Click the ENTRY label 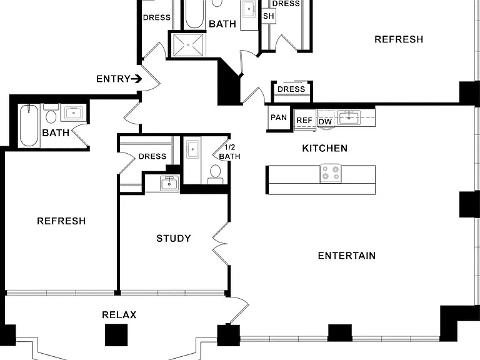(x=113, y=79)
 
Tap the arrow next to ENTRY (x=136, y=79)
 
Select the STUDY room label (x=174, y=238)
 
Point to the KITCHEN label (x=325, y=148)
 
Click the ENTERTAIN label (x=347, y=256)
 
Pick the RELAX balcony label (x=119, y=315)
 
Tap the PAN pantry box (x=279, y=117)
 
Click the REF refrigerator (x=305, y=120)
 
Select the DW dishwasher (x=326, y=121)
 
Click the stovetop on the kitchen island (x=331, y=173)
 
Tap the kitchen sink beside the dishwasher (x=349, y=117)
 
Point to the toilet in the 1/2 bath (x=216, y=174)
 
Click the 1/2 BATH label (x=229, y=152)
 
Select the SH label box (x=269, y=16)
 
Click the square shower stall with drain (x=188, y=45)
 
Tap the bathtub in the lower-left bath (x=29, y=126)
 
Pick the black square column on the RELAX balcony (x=116, y=335)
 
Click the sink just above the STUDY (x=169, y=183)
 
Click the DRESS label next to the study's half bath (x=152, y=156)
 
